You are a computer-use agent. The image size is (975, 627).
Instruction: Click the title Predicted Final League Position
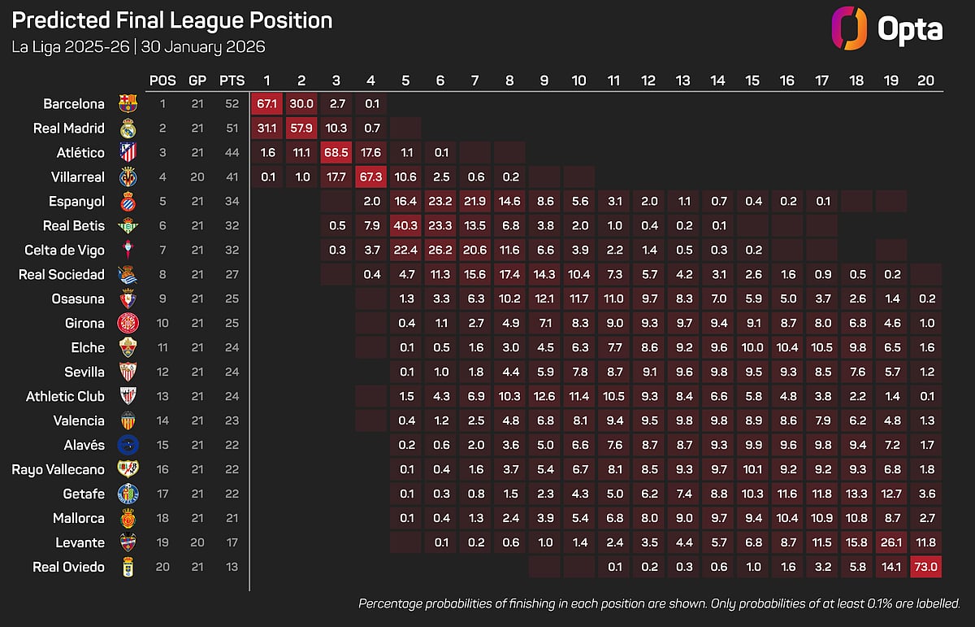172,20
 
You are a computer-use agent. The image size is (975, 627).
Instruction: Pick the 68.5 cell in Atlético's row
336,153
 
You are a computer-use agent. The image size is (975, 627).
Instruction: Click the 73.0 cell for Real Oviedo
925,567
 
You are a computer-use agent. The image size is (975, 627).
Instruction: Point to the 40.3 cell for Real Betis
405,226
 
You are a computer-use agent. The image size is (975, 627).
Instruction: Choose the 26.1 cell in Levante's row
891,542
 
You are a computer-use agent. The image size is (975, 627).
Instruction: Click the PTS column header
232,81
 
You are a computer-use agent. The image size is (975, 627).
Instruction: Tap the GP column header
197,81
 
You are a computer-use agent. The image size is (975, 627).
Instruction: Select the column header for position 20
925,81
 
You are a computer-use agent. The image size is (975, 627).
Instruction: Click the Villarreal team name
75,177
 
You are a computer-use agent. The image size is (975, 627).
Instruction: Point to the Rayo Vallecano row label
58,469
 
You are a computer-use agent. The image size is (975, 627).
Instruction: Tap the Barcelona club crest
128,104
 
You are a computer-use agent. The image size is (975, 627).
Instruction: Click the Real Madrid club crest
128,128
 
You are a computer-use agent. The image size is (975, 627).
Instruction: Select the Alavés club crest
128,446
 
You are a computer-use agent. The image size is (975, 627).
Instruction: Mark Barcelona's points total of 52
232,104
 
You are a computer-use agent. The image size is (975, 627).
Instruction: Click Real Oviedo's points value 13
232,567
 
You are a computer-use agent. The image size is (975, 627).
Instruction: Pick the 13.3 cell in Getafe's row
856,494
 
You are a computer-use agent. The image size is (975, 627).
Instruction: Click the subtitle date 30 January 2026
203,46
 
